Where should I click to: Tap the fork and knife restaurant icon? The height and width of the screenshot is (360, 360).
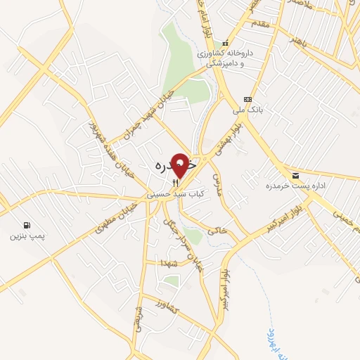pos(166,181)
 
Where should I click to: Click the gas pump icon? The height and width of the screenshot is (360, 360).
pos(27,226)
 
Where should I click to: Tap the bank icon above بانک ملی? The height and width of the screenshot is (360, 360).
pos(247,98)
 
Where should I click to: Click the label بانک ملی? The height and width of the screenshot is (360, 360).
pos(247,110)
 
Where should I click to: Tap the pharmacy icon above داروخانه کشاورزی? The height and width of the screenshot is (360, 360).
pos(226,43)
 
